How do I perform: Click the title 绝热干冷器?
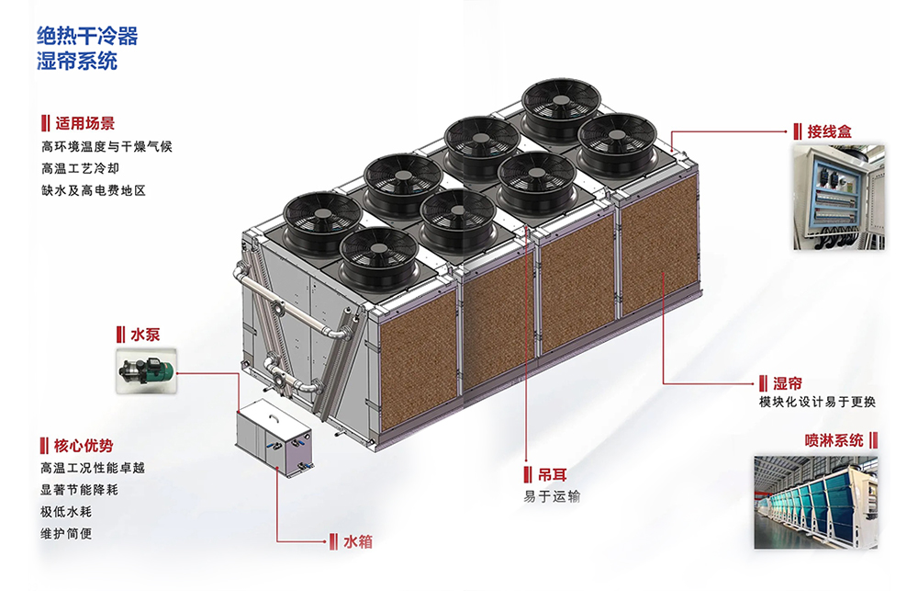87,37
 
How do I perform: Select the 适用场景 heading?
84,124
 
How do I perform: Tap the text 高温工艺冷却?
80,169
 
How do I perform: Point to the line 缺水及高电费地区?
93,190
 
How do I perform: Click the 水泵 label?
145,335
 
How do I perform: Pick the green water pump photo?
146,370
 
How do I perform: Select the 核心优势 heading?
84,446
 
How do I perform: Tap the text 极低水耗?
65,512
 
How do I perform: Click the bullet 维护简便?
65,534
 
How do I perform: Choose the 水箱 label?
358,541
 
